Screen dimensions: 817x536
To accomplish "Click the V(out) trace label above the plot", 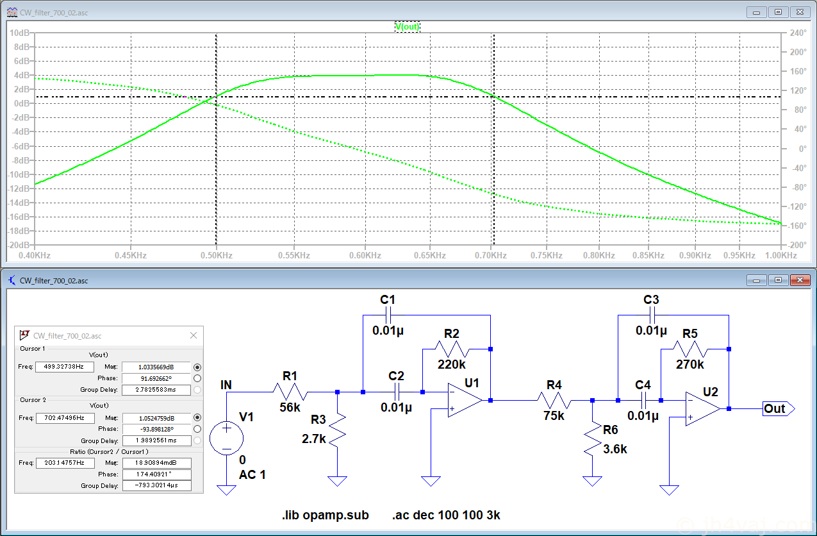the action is (x=407, y=27).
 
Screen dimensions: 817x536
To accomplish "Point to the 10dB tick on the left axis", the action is (x=20, y=33).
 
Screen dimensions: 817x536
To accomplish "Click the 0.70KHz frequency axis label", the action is (x=491, y=255).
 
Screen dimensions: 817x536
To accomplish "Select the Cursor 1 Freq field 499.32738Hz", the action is (x=65, y=367).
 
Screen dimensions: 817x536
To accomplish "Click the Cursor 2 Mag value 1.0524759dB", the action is (x=156, y=418).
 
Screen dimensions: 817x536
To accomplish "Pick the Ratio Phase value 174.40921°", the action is (x=156, y=474).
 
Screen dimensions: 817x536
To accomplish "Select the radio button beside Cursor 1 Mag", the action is (x=197, y=367).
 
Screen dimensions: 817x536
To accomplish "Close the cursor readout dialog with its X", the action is (x=194, y=335).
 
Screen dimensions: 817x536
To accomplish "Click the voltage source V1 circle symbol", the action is (x=226, y=438).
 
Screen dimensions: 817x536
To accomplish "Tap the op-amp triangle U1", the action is (x=465, y=400).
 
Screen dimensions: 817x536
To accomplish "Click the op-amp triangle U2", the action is (x=702, y=408).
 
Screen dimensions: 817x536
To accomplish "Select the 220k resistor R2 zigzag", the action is (x=452, y=349).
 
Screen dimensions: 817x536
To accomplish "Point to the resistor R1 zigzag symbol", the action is (x=290, y=392).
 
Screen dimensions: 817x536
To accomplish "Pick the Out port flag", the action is (x=779, y=408).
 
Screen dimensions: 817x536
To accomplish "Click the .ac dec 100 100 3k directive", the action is (x=446, y=515).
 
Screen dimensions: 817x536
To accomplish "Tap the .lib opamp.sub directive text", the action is (x=325, y=515).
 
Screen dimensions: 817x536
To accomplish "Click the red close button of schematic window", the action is (x=800, y=280).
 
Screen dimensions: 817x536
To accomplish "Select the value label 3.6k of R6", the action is (x=615, y=449).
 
